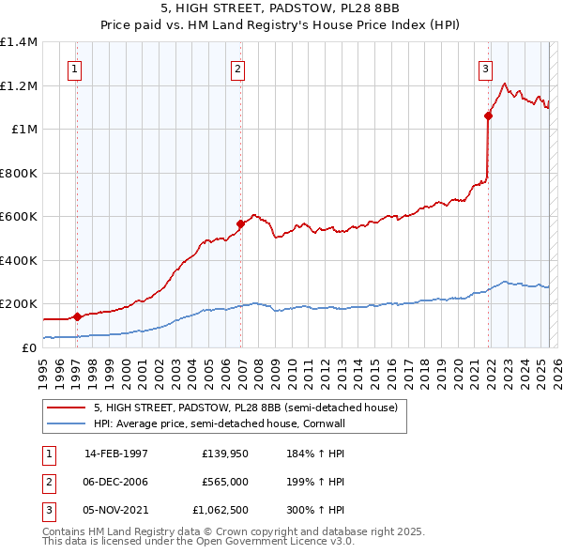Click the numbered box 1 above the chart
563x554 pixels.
coord(73,68)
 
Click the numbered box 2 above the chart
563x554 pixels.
coord(238,68)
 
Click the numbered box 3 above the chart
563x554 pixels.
coord(485,68)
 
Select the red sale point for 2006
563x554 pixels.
coord(241,223)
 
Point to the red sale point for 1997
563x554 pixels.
coord(77,316)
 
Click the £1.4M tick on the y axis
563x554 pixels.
coord(19,42)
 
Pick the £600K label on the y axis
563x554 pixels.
coord(19,217)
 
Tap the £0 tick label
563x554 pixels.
coord(28,347)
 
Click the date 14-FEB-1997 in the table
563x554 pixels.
coord(116,453)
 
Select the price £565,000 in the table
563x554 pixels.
coord(224,482)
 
